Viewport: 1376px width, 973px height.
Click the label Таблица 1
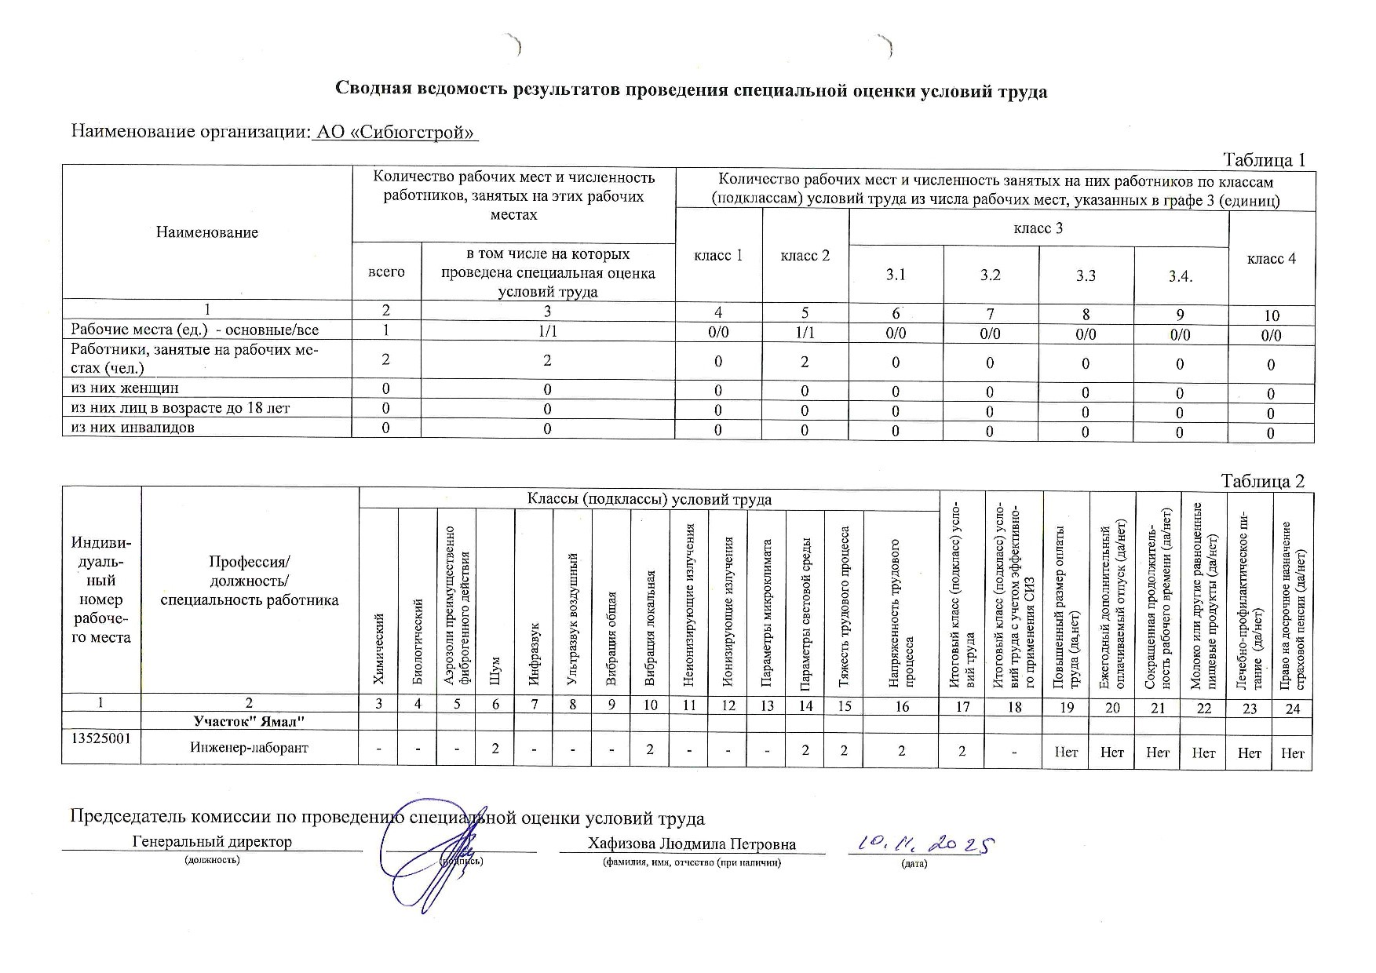coord(1264,160)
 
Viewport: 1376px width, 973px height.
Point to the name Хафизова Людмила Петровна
coord(692,844)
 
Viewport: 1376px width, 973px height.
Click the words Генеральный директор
coord(212,841)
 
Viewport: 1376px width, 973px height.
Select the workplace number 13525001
coord(101,739)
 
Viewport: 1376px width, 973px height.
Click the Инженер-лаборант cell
coord(249,748)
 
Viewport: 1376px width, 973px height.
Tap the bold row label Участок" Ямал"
coord(249,720)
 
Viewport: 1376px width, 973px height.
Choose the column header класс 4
coord(1271,259)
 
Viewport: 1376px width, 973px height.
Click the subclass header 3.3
coord(1086,275)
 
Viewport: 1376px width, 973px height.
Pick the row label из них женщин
coord(125,388)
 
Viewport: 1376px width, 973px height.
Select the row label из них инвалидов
coord(133,428)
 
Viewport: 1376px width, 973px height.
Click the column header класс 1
coord(718,256)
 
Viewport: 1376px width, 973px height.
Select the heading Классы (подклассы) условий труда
coord(649,499)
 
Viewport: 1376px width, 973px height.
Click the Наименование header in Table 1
coord(207,232)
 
